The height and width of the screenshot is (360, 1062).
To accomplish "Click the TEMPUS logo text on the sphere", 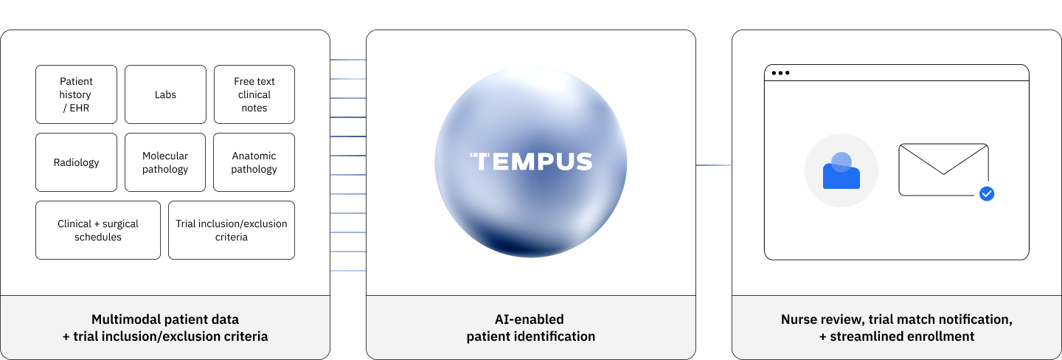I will (x=531, y=162).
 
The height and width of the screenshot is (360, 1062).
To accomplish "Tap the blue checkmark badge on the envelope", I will (x=987, y=194).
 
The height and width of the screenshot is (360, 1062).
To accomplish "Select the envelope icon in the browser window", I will (x=943, y=170).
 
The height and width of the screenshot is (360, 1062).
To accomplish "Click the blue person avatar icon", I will (x=841, y=171).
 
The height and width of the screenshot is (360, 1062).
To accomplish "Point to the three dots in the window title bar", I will (x=780, y=73).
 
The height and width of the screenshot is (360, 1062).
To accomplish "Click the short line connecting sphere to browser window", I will (x=714, y=165).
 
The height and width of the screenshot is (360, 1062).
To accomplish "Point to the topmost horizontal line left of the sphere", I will (x=348, y=60).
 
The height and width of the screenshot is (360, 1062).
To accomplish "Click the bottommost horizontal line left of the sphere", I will (x=348, y=271).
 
